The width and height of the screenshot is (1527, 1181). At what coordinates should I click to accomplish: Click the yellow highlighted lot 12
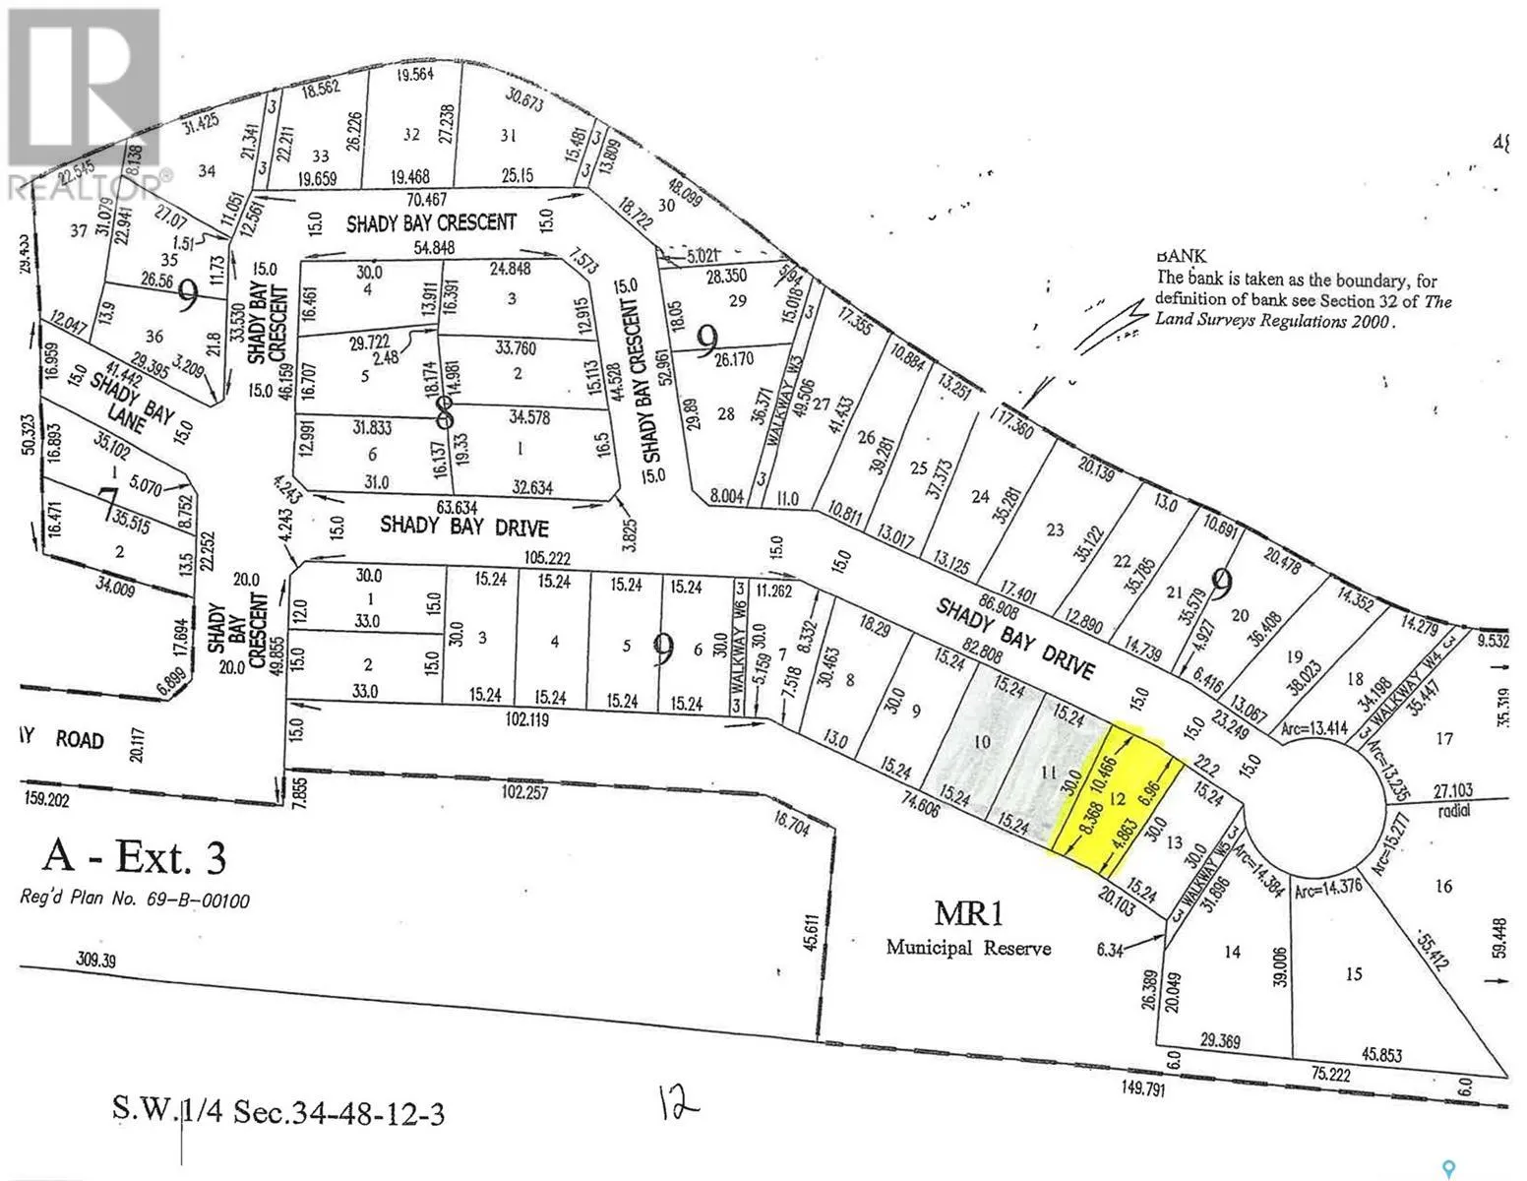1116,799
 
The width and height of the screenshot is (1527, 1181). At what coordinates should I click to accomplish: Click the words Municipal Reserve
968,948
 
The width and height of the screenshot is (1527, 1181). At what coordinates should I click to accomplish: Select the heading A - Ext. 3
134,857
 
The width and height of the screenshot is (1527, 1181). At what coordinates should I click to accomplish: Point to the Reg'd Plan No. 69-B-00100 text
135,900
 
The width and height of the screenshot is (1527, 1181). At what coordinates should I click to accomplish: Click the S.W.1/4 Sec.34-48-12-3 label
278,1114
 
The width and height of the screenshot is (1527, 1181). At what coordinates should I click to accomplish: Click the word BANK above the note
1182,256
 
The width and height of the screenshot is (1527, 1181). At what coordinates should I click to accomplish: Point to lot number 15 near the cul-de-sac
1354,973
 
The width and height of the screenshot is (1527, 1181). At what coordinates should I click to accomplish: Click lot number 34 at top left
206,171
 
